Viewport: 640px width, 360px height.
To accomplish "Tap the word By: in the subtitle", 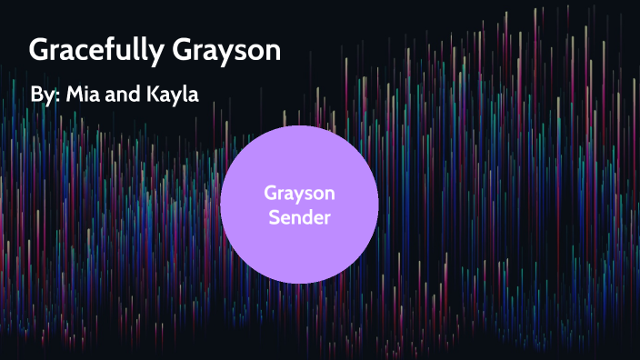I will point(45,95).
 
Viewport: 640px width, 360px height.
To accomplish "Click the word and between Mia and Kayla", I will point(131,95).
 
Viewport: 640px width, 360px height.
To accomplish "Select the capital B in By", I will point(37,95).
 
